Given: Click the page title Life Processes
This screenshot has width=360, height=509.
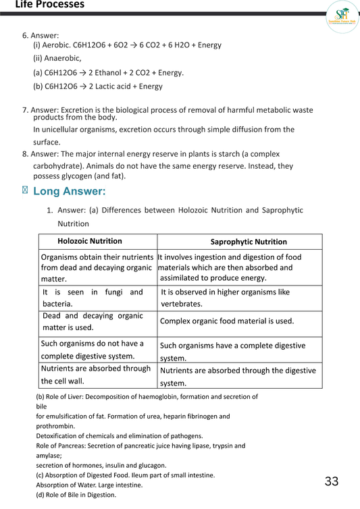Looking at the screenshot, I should coord(49,5).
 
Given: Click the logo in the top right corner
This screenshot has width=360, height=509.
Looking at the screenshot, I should coord(342,16).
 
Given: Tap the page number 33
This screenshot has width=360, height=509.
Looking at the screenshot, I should coord(331,481).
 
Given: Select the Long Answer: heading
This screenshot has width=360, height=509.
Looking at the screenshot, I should coord(70,192).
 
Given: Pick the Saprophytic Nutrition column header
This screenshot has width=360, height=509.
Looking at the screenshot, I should coord(249,242).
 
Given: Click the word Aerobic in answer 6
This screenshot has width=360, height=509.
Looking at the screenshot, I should coord(58,45).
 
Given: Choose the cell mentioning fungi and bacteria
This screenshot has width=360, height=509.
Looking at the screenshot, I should coord(93,298).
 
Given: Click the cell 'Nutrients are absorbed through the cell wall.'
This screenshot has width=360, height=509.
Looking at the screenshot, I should coord(96,375).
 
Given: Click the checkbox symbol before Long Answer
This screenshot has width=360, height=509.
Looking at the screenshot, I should coord(26,191).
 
